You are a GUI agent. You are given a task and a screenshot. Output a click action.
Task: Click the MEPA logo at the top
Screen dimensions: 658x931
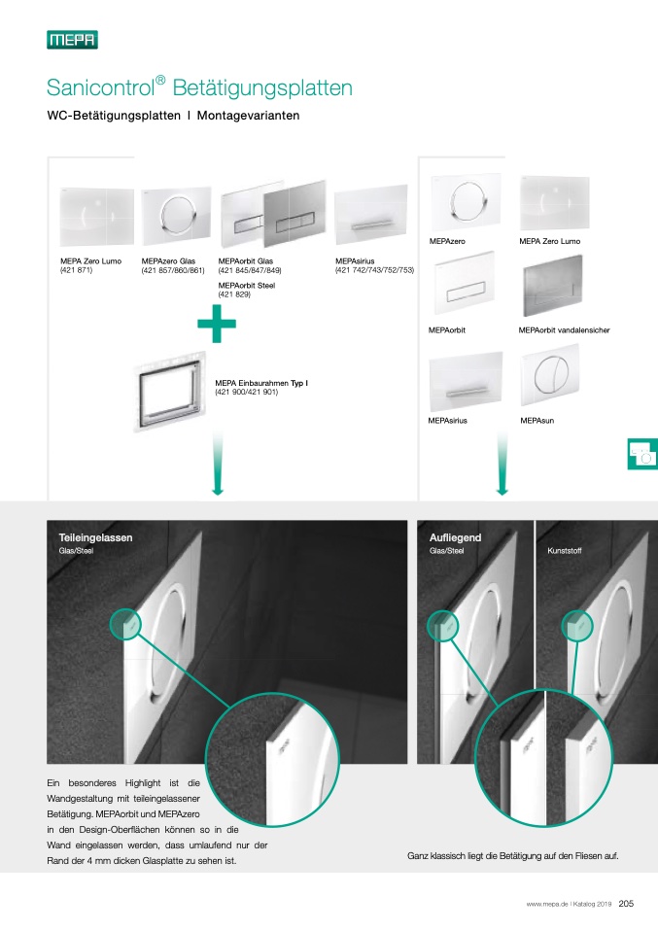[73, 40]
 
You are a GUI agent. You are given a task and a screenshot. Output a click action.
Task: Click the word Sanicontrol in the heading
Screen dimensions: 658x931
[100, 87]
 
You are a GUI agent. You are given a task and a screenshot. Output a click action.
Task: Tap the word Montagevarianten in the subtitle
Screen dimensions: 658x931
[248, 116]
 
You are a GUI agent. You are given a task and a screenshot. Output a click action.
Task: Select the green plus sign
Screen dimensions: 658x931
[217, 324]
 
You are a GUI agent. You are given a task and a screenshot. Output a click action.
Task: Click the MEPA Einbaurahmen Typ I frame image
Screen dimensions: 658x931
[171, 392]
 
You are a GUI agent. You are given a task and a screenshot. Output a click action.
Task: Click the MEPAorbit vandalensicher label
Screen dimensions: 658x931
[564, 330]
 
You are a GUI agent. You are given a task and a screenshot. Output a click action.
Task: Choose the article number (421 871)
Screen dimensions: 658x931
[77, 270]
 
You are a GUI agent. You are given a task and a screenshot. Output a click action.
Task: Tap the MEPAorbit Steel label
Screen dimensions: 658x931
[247, 286]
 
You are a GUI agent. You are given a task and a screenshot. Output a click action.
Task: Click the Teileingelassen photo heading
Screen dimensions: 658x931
[95, 537]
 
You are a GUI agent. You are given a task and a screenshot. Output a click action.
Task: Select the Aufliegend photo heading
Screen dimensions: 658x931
[456, 537]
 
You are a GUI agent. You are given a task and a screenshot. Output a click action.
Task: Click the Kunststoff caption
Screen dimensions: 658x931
[564, 551]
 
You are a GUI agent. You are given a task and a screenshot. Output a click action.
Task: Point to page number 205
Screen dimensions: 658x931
[626, 904]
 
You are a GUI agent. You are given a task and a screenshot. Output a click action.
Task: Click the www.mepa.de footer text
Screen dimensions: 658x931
[546, 905]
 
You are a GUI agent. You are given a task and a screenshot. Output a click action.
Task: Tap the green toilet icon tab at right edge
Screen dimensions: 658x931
[642, 454]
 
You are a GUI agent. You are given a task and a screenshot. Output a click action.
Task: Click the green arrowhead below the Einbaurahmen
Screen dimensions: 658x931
[218, 490]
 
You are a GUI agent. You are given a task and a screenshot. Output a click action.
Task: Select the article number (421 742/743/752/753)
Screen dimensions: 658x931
[375, 270]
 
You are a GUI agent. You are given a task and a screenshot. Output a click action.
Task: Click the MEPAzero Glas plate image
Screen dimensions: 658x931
[176, 216]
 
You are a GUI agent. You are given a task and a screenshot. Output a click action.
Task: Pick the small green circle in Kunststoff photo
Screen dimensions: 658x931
[577, 625]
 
